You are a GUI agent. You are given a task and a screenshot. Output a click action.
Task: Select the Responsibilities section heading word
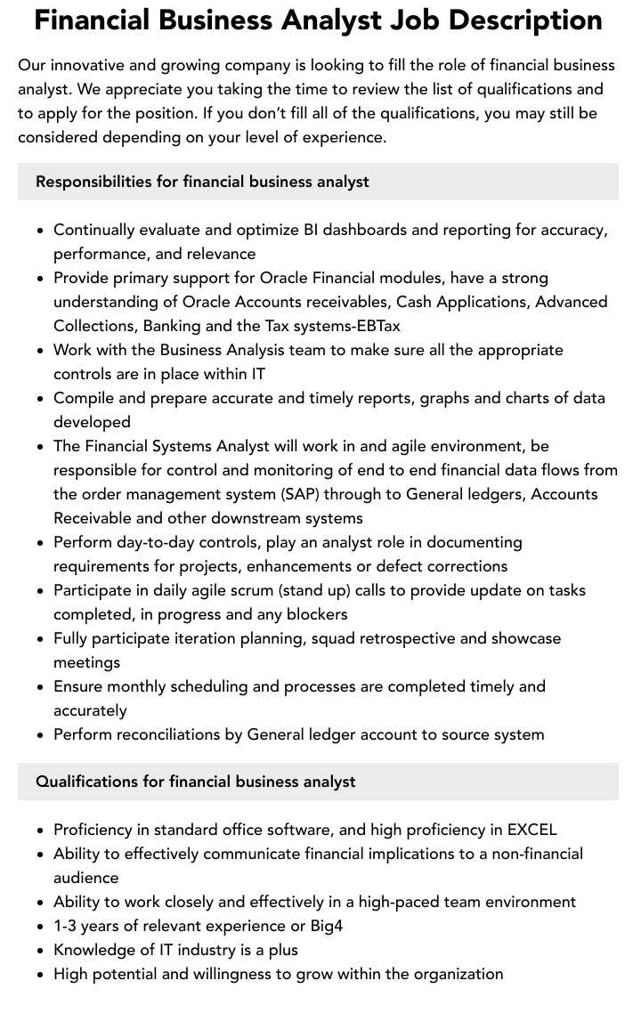point(93,182)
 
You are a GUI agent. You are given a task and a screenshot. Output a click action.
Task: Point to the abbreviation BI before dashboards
point(310,230)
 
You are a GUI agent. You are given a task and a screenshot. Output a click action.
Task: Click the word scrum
point(254,590)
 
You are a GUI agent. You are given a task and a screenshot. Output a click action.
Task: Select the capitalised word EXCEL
point(531,830)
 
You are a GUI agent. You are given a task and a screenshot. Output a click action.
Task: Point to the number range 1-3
point(67,926)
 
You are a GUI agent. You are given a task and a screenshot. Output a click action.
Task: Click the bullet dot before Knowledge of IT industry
point(41,950)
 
